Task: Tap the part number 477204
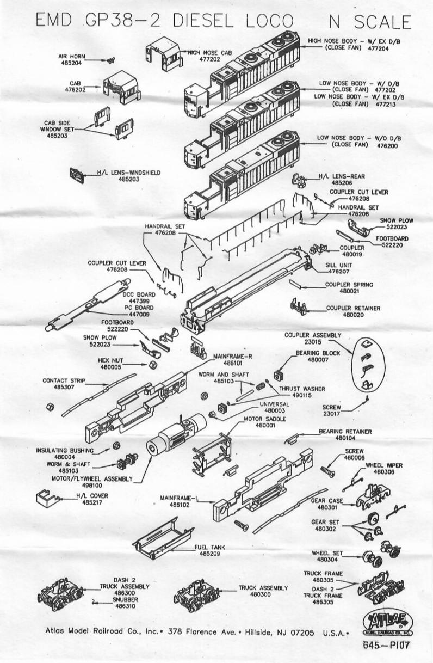tap(378, 48)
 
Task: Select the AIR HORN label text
tap(71, 56)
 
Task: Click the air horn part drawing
tap(110, 60)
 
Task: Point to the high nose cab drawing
tap(164, 54)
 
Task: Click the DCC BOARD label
tap(139, 294)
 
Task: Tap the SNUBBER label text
tap(125, 599)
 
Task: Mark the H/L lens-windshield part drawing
tap(76, 175)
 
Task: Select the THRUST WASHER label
tap(302, 389)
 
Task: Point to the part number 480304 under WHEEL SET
tap(327, 559)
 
